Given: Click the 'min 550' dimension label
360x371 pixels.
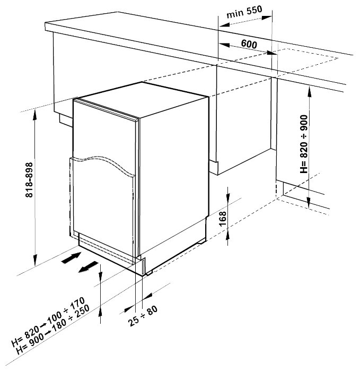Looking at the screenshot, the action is (x=244, y=12).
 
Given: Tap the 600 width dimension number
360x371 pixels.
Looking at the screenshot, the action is (x=249, y=44).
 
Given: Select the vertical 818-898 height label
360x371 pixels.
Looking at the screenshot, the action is (x=29, y=180).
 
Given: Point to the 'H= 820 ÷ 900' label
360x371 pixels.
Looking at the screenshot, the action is (x=304, y=144).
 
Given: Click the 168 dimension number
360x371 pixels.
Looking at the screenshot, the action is (x=223, y=219).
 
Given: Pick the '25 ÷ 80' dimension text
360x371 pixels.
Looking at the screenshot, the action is (x=143, y=316).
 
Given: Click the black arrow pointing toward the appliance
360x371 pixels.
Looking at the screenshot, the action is (x=71, y=257).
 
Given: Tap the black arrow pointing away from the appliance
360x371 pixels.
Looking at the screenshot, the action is (x=88, y=266).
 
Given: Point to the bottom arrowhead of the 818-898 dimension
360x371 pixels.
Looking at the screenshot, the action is (x=35, y=260).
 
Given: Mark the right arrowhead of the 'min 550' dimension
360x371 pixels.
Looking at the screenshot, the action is (x=267, y=18).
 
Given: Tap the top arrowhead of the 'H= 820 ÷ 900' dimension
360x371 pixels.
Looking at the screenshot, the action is (x=309, y=92).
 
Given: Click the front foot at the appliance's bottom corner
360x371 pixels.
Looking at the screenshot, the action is (x=149, y=273).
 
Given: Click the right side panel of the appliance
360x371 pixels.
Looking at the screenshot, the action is (x=174, y=172).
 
